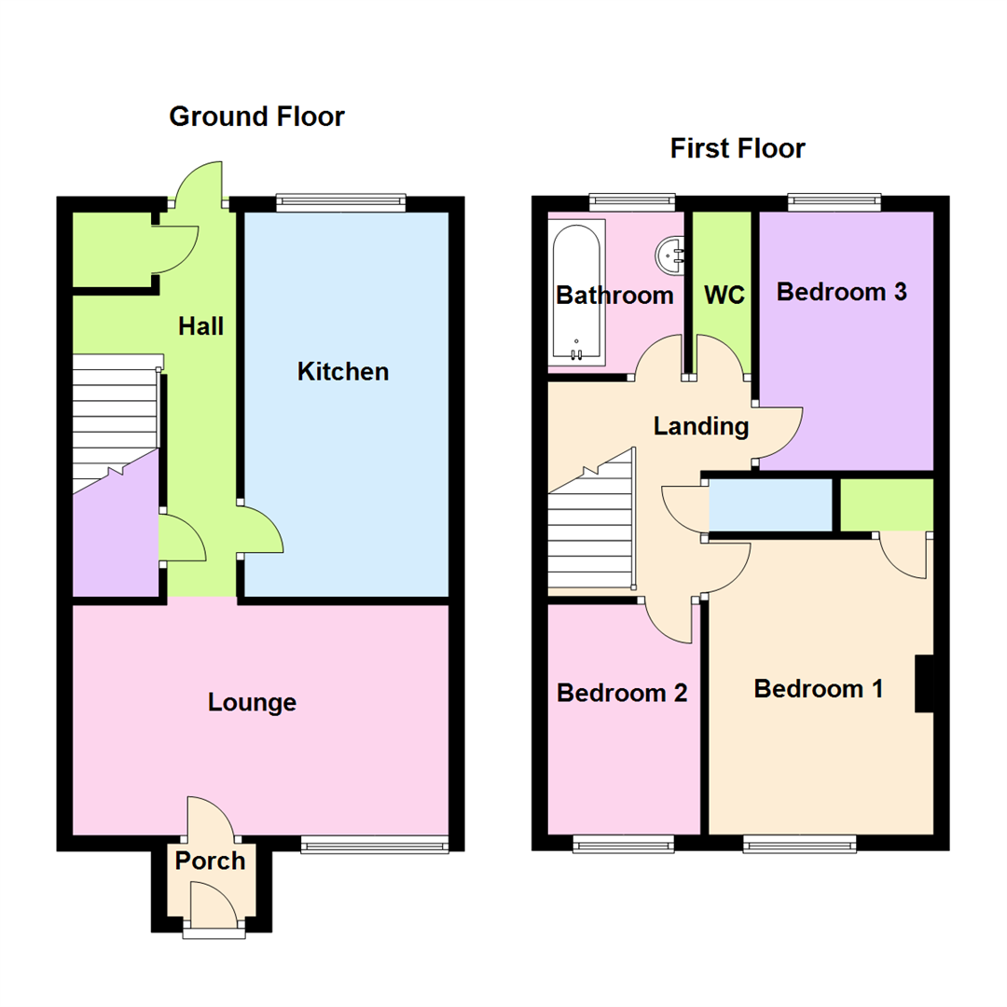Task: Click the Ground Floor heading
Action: click(x=257, y=117)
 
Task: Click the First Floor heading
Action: click(x=738, y=148)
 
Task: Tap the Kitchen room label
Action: click(x=343, y=372)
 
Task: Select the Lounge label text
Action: click(x=253, y=703)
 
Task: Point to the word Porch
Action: click(x=210, y=861)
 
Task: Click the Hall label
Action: click(x=201, y=326)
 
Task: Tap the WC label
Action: click(x=724, y=295)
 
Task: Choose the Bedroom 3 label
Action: click(x=842, y=292)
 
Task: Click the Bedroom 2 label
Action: click(x=622, y=693)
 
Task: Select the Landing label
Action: click(x=701, y=426)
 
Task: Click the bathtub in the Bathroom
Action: click(x=577, y=292)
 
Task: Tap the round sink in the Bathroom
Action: click(x=669, y=255)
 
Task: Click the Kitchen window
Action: click(x=341, y=202)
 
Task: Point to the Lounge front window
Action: click(x=375, y=845)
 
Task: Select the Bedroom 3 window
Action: click(x=835, y=202)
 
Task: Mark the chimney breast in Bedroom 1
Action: click(x=924, y=683)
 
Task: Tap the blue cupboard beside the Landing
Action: click(x=770, y=504)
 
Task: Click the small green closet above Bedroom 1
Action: click(x=887, y=504)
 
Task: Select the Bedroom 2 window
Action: click(x=624, y=845)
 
